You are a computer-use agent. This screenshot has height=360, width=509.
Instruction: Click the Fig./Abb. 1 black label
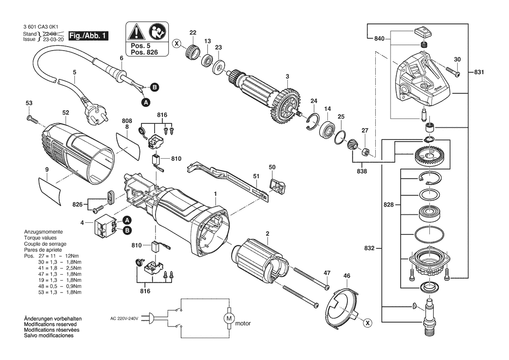pyautogui.click(x=87, y=36)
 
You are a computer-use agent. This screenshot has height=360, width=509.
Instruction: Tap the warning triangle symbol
pyautogui.click(x=135, y=32)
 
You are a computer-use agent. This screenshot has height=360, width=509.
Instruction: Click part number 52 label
pyautogui.click(x=66, y=112)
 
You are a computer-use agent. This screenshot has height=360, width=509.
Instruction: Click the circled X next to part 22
pyautogui.click(x=176, y=43)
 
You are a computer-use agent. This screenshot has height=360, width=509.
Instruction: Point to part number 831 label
pyautogui.click(x=479, y=72)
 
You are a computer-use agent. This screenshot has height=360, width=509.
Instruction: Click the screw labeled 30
pyautogui.click(x=452, y=72)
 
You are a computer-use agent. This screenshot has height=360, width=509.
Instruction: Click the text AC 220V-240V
pyautogui.click(x=124, y=319)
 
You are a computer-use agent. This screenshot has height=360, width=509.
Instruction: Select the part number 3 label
pyautogui.click(x=287, y=77)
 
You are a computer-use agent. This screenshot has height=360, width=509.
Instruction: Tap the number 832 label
pyautogui.click(x=369, y=249)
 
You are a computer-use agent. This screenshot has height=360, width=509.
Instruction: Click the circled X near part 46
pyautogui.click(x=368, y=323)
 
